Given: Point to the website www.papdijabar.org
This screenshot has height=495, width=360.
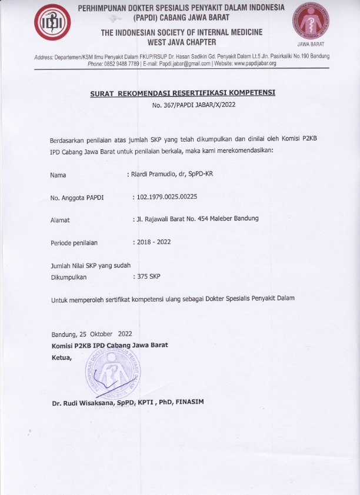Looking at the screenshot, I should tap(255, 63).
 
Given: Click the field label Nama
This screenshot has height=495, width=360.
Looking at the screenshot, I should tap(58, 175).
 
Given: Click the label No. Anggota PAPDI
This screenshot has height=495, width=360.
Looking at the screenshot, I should tap(77, 198).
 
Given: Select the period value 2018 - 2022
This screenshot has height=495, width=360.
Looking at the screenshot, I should tap(153, 242).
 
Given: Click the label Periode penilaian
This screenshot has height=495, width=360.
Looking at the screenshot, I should tap(74, 242).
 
